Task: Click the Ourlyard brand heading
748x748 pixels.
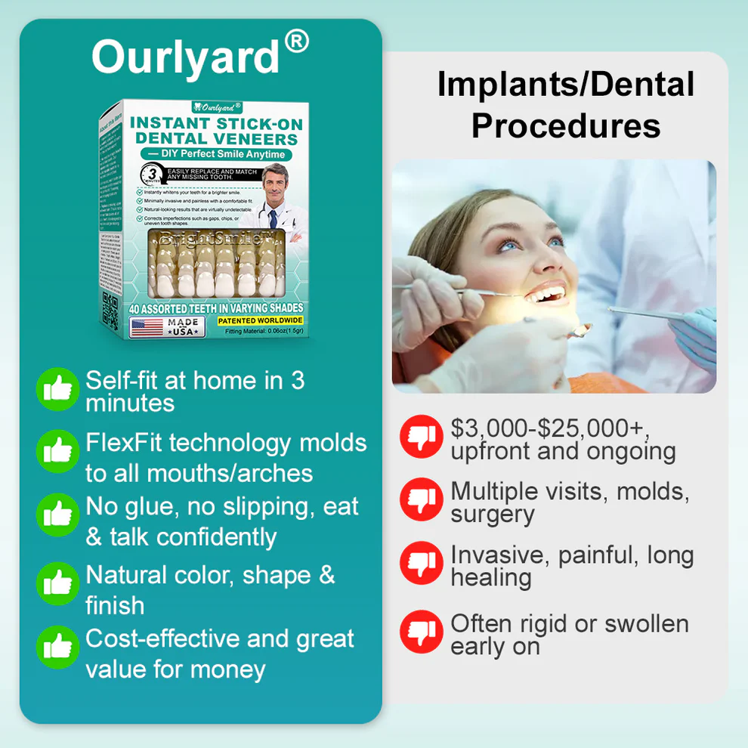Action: tap(185, 57)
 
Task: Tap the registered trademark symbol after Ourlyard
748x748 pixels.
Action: tap(296, 42)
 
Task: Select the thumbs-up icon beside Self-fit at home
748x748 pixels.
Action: tap(57, 389)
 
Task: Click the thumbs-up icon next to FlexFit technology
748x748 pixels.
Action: tap(57, 451)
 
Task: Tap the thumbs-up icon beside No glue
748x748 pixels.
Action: tap(57, 515)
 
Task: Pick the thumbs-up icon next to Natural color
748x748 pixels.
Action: tap(57, 583)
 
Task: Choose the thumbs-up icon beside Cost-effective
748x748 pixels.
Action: tap(57, 648)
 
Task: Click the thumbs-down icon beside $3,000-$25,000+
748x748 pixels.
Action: tap(421, 437)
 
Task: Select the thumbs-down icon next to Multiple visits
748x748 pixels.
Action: tap(421, 499)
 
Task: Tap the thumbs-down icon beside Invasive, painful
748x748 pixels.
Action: tap(421, 563)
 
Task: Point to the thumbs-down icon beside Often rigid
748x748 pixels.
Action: tap(421, 632)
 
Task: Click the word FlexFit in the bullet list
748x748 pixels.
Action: tap(125, 443)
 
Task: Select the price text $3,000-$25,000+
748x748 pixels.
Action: tap(549, 428)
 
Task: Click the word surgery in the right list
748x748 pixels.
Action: tap(493, 515)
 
